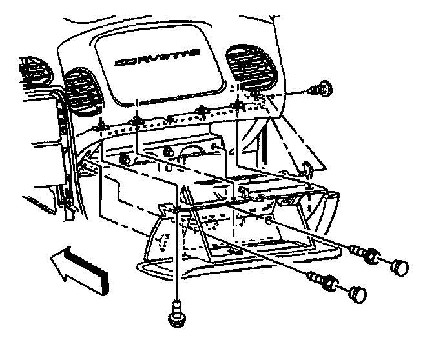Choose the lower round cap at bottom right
pyautogui.click(x=356, y=294)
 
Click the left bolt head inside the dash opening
pyautogui.click(x=125, y=158)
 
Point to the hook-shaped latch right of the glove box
pyautogui.click(x=308, y=170)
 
